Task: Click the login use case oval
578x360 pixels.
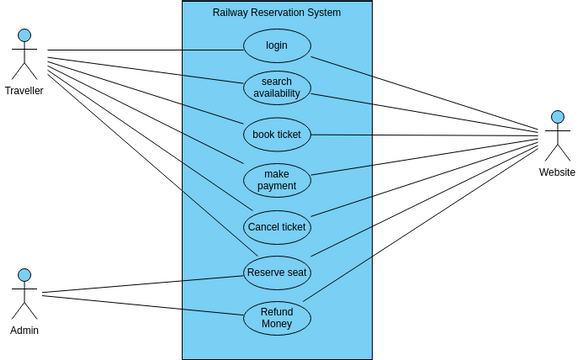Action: tap(277, 45)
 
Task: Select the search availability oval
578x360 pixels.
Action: tap(277, 87)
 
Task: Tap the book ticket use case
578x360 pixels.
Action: tap(277, 133)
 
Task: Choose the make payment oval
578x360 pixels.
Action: tap(277, 180)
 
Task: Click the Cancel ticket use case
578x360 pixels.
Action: tap(277, 226)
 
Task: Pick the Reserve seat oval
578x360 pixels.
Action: tap(277, 272)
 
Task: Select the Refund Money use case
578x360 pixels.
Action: tap(277, 318)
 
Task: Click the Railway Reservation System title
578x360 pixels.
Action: tap(277, 13)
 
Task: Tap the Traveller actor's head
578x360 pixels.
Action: tap(24, 36)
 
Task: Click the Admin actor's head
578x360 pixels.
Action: tap(24, 275)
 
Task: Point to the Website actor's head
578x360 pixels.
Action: tap(557, 117)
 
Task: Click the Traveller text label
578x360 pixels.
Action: tap(24, 91)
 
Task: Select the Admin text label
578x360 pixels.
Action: tap(24, 330)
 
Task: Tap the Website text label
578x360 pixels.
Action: tap(557, 172)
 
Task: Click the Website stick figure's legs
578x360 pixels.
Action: tap(557, 152)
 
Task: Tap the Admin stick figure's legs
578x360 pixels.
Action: tap(24, 309)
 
